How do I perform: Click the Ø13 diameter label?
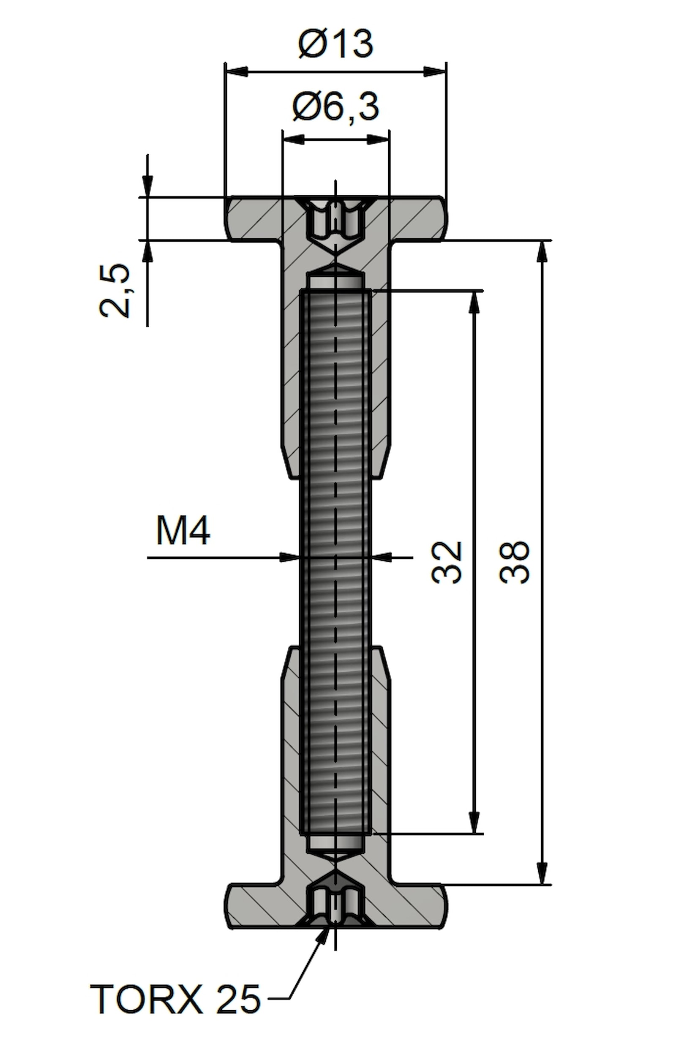tap(336, 44)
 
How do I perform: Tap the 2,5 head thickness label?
tap(115, 291)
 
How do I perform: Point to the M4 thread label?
tap(183, 531)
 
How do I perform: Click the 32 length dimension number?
tap(447, 562)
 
